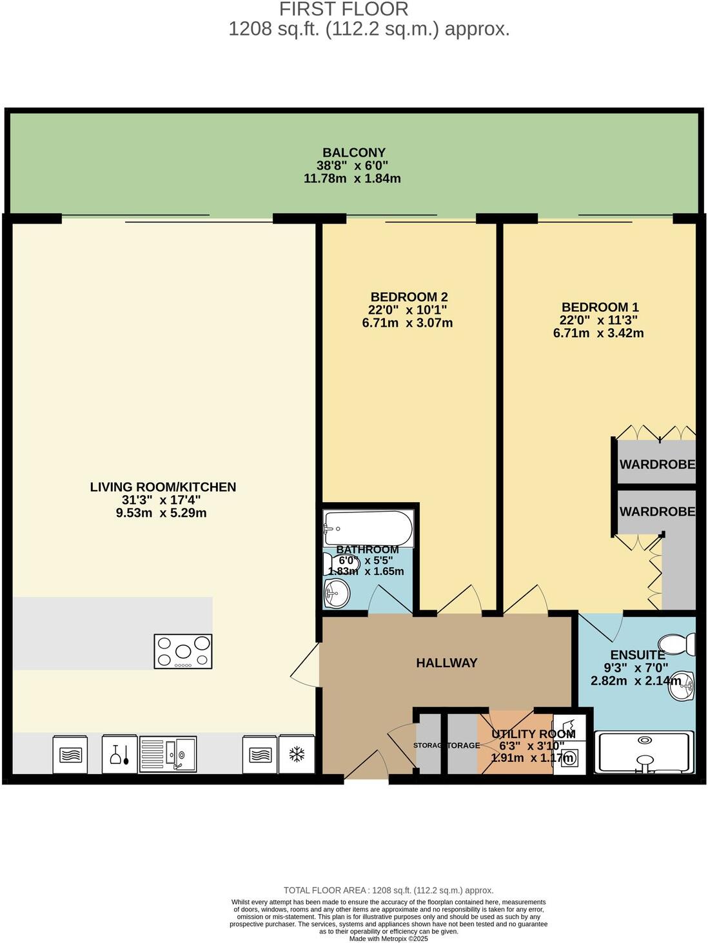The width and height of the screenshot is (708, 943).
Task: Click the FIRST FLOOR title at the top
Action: (344, 10)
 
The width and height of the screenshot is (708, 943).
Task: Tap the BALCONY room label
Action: (353, 153)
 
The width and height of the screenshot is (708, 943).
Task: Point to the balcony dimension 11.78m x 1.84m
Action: (352, 179)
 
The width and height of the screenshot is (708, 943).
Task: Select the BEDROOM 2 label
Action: (409, 297)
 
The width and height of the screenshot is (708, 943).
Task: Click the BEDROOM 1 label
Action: (600, 307)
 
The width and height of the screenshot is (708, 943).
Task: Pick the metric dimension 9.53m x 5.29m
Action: (161, 513)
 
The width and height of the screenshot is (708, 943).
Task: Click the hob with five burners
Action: (183, 651)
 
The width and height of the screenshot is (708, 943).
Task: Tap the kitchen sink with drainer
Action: (168, 753)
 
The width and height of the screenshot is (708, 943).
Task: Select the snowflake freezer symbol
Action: (297, 754)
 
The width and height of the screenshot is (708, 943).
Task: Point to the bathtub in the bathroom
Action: (368, 529)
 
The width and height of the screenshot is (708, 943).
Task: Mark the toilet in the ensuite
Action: (677, 644)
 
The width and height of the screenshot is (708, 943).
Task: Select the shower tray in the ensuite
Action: (645, 752)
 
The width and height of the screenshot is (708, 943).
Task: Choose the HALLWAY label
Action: (446, 663)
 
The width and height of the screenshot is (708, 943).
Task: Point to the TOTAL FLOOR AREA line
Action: (388, 890)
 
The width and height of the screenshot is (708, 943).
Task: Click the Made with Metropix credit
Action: (388, 938)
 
